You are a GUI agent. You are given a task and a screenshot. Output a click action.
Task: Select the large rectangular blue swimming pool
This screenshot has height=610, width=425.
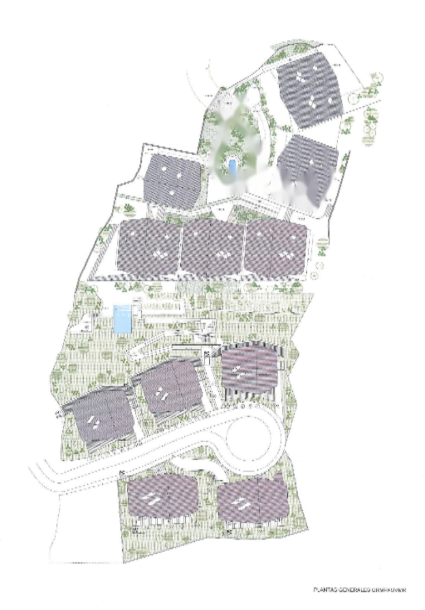coord(122,318)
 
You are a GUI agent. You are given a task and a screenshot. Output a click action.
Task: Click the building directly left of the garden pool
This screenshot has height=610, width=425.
coord(172,182)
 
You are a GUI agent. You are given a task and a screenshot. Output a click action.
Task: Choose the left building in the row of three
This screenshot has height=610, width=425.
coord(149,248)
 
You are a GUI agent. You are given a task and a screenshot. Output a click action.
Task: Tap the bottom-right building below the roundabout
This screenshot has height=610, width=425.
coord(253,500)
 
